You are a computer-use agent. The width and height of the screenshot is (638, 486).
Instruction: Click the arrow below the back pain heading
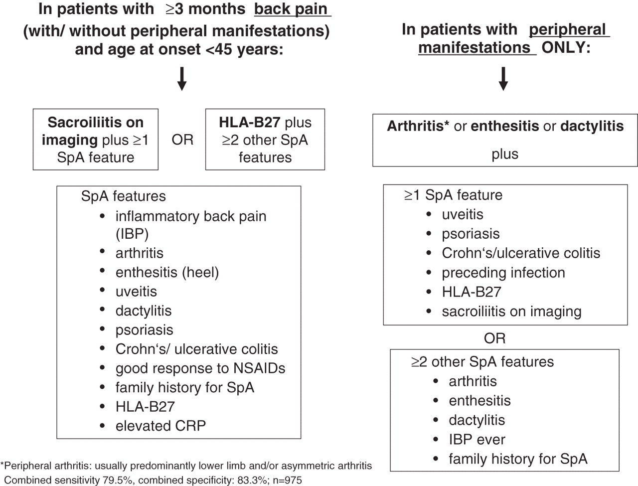click(182, 78)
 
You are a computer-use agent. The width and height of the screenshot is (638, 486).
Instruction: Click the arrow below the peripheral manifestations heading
click(503, 78)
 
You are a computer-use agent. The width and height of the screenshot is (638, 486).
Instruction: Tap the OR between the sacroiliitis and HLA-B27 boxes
click(182, 140)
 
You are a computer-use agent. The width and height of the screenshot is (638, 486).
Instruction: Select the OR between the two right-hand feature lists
click(495, 338)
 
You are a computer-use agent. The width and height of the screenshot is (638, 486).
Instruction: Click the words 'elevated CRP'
click(160, 426)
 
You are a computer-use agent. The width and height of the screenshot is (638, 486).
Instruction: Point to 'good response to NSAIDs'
click(200, 368)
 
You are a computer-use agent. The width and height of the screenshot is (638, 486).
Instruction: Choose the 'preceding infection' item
click(503, 273)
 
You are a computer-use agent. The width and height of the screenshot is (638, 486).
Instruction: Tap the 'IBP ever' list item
click(477, 440)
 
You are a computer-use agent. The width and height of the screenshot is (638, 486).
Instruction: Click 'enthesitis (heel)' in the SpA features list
click(167, 273)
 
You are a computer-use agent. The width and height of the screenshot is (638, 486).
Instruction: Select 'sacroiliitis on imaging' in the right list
click(511, 312)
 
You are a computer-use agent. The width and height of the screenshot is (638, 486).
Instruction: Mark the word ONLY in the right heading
click(566, 47)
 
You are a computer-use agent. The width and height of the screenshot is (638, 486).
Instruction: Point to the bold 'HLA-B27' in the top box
click(249, 122)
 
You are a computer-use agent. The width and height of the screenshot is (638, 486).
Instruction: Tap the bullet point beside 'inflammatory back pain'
click(102, 216)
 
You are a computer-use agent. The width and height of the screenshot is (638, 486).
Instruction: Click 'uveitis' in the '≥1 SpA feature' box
click(463, 214)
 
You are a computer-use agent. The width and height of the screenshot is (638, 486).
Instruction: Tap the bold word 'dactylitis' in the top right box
click(592, 126)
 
